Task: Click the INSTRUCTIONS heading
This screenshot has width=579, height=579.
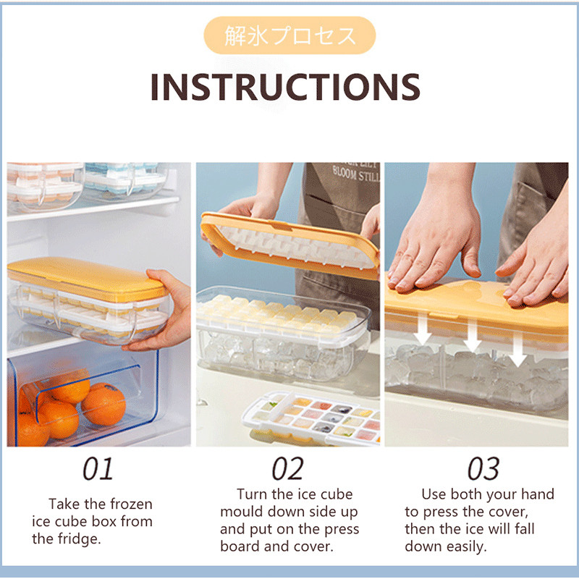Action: (x=285, y=87)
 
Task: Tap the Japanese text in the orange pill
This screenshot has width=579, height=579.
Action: (x=290, y=35)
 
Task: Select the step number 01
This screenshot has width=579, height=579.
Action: (x=98, y=468)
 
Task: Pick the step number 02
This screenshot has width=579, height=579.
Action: (x=287, y=468)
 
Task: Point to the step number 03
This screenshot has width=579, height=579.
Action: (x=483, y=468)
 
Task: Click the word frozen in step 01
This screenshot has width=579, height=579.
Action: (x=131, y=504)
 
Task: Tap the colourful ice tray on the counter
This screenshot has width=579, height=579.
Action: (x=312, y=418)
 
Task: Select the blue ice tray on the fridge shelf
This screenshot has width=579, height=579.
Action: (x=125, y=179)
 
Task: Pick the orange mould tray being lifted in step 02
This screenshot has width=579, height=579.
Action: (x=290, y=245)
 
